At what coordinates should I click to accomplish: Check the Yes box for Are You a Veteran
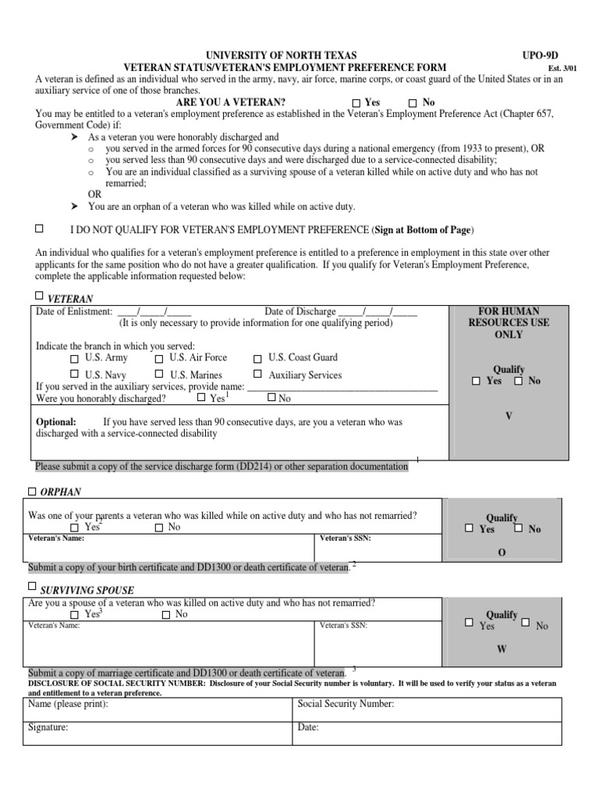(x=356, y=103)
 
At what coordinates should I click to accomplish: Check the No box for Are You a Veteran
(x=413, y=103)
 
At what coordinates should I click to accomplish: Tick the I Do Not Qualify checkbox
(x=40, y=229)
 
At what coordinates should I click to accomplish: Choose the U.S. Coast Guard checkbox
(x=257, y=359)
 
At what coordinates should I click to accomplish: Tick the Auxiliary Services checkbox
(x=257, y=375)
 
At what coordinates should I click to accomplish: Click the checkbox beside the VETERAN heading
(x=40, y=296)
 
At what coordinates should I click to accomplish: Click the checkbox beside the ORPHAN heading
(x=32, y=492)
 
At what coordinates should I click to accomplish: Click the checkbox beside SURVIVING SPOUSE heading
(x=32, y=585)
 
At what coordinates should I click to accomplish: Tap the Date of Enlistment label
(x=74, y=311)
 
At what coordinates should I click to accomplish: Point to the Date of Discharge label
(x=300, y=311)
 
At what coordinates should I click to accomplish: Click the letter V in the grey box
(x=509, y=416)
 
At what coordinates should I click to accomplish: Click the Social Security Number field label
(x=346, y=704)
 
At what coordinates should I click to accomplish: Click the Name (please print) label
(x=69, y=704)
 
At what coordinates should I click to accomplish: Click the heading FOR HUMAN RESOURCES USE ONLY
(x=509, y=322)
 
